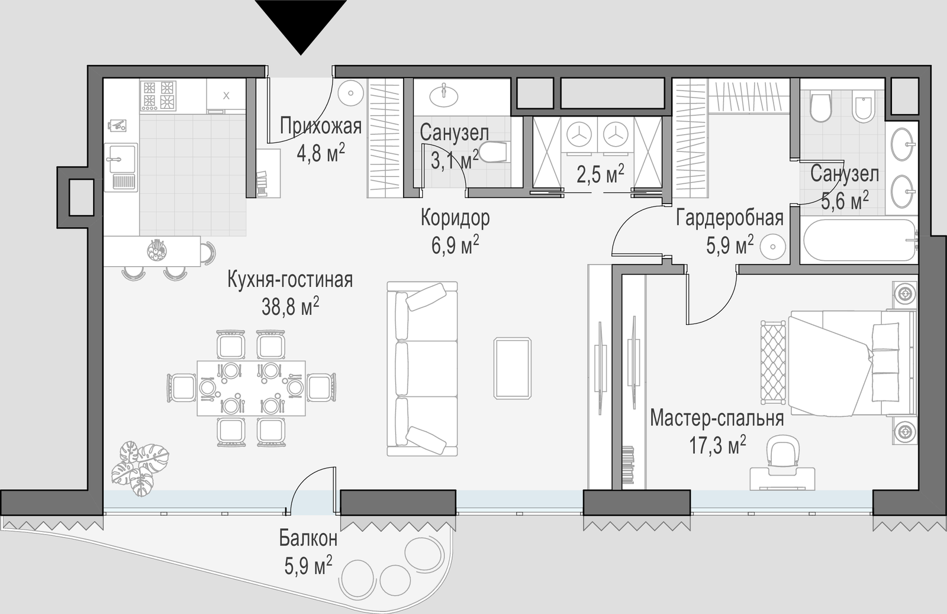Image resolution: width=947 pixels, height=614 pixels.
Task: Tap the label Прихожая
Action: [321, 127]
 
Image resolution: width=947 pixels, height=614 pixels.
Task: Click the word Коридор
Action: [455, 218]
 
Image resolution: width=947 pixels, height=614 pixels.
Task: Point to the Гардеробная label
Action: [730, 218]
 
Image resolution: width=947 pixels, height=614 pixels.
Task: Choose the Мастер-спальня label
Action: [717, 418]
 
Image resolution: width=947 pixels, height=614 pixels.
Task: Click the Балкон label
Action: [308, 539]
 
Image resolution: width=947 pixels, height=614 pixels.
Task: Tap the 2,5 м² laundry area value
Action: [600, 174]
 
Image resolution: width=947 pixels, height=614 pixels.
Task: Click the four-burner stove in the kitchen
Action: [159, 96]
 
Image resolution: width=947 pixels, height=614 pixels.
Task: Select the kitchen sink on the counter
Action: [121, 167]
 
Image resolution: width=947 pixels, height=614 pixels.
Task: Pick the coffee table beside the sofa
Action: [513, 368]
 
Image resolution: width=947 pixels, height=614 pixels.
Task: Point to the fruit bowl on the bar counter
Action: [157, 250]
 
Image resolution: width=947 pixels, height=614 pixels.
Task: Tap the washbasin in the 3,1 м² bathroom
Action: [443, 95]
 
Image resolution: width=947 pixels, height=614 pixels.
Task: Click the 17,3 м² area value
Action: [717, 445]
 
